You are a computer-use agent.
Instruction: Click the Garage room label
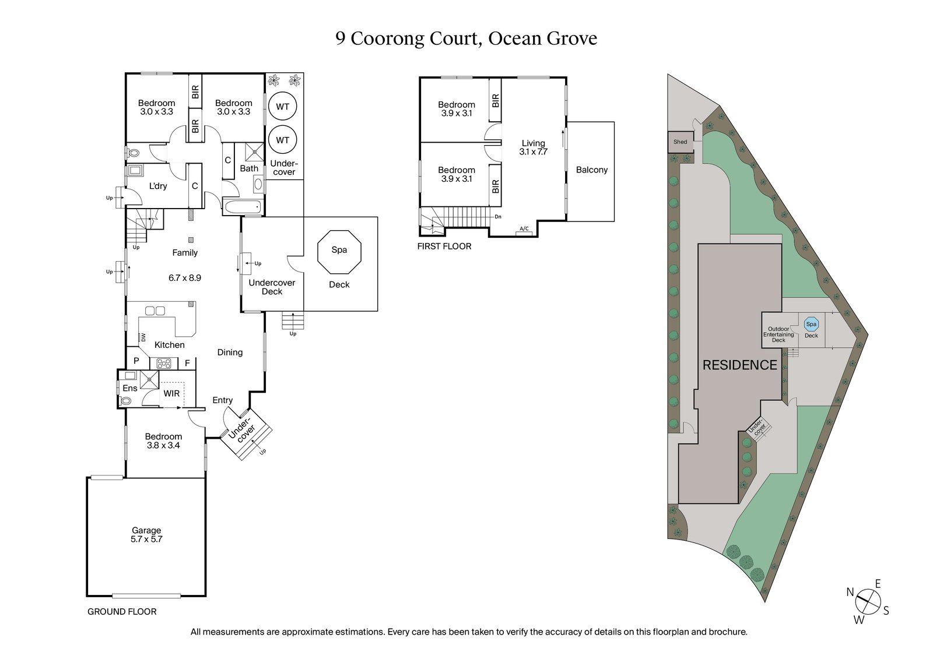coord(146,531)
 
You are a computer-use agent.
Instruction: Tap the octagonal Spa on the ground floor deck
coord(339,252)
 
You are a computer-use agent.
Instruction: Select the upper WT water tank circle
coord(283,107)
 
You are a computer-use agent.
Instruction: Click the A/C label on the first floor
coord(524,229)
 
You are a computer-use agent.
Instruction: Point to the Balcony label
coord(591,170)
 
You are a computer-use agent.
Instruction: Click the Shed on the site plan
coord(680,142)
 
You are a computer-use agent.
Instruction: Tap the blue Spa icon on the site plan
coord(811,324)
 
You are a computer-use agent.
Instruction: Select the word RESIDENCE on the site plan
coord(739,365)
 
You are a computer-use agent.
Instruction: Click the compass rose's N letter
coord(850,593)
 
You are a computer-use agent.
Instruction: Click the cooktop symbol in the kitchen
coord(164,364)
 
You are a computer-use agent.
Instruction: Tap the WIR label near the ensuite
coord(171,394)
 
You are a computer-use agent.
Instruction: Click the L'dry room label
coord(158,186)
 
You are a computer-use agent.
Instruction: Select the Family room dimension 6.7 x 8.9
coord(185,279)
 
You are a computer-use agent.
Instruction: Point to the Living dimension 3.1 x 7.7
coord(533,152)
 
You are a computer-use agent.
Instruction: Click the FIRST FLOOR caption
coord(444,246)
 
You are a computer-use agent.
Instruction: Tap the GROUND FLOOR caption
coord(122,612)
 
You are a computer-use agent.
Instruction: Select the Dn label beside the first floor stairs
coord(497,217)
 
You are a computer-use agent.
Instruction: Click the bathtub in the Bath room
coord(243,207)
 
